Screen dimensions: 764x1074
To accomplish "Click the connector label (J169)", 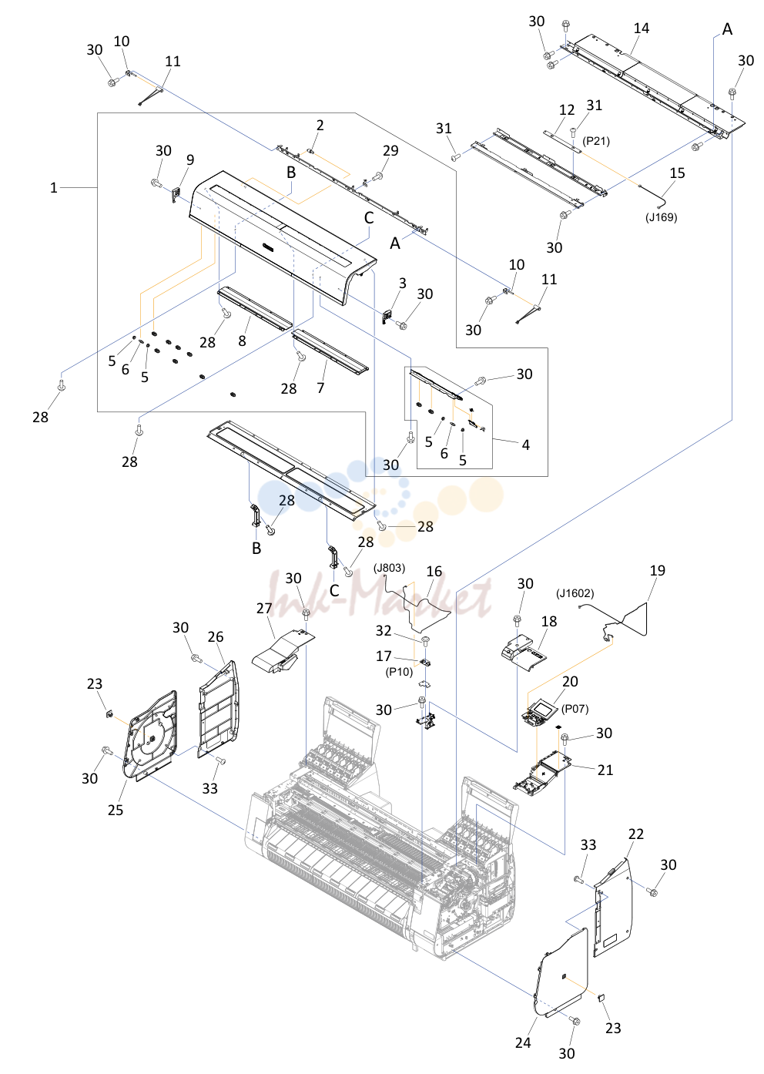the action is click(661, 217).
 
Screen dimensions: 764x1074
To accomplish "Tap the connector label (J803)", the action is click(389, 568).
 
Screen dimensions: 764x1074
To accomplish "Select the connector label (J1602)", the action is click(575, 593).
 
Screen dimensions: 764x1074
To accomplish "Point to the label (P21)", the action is click(596, 141).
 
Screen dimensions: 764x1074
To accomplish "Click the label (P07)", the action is click(575, 709).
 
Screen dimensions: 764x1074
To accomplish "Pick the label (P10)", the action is click(399, 672).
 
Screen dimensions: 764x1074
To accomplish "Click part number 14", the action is click(641, 29).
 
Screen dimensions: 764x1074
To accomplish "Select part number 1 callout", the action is click(54, 187).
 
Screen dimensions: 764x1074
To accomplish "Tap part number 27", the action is click(264, 609).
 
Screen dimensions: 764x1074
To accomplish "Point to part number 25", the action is click(116, 810).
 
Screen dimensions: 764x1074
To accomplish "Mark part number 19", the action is click(658, 571).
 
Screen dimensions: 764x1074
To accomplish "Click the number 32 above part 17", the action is click(384, 630).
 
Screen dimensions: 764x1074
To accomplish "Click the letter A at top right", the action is click(727, 29).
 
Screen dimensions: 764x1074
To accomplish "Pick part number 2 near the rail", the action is click(320, 125).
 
